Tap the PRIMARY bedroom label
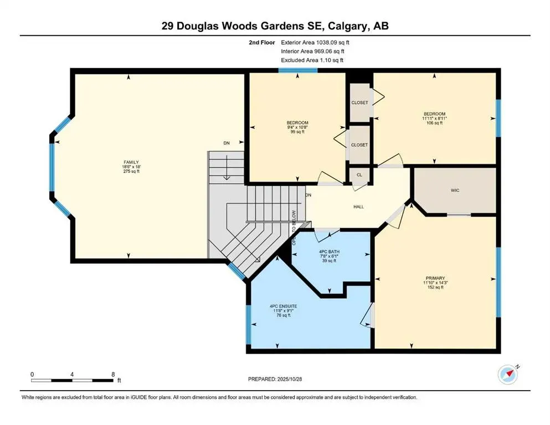[435, 278]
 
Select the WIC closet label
[455, 190]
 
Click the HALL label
[358, 206]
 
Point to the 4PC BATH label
[330, 251]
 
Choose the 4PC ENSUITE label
[283, 306]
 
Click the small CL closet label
[359, 175]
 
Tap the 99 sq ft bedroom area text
[297, 133]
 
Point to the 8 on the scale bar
[113, 374]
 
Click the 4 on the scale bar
[73, 374]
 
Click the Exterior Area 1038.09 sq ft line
[315, 42]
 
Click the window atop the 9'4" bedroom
[297, 70]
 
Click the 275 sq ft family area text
[131, 172]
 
